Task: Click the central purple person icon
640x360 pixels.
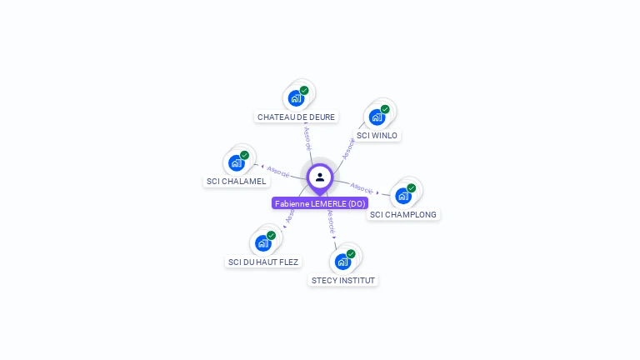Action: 320,177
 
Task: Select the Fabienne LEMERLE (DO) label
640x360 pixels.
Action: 320,203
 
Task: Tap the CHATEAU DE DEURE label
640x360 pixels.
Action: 296,117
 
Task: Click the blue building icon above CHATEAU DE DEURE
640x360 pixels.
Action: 296,98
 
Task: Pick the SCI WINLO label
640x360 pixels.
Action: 377,135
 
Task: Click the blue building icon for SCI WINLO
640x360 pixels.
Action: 377,117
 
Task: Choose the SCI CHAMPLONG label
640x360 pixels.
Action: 403,214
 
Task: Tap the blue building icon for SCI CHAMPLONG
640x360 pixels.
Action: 403,196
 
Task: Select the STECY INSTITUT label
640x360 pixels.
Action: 343,280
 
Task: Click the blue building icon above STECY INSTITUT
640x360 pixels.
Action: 342,262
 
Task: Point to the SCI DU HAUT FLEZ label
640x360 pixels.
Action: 263,262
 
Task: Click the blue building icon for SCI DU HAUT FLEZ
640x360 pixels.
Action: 263,243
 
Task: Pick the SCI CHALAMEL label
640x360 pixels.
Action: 236,181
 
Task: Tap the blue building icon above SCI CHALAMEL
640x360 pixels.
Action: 237,162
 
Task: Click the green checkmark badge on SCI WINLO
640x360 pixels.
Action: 385,109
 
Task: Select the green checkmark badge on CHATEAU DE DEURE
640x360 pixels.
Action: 304,90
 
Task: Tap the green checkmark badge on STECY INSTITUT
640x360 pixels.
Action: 351,254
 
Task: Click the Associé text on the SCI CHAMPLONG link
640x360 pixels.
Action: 362,187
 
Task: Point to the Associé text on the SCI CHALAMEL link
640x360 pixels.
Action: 278,171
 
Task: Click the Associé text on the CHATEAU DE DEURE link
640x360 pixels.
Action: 307,138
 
